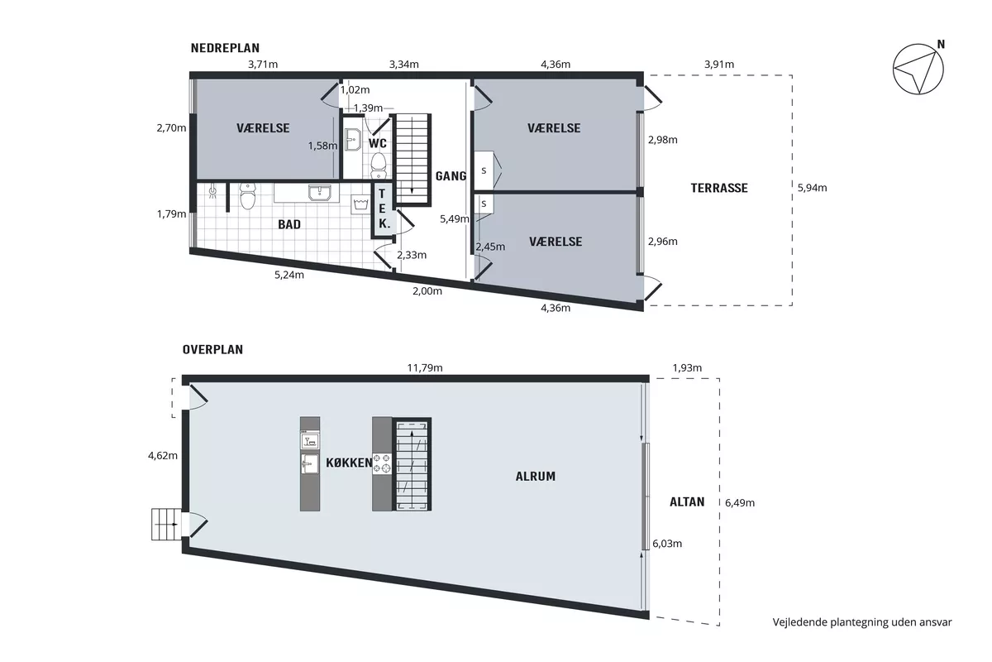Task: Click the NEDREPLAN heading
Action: [225, 48]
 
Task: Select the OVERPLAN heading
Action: [212, 349]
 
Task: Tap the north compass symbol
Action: [919, 69]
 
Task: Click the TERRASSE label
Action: [719, 188]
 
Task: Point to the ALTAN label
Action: [687, 502]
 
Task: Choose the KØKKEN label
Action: [349, 463]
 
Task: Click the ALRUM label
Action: [536, 476]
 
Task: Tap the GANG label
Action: [451, 176]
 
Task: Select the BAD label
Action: [289, 224]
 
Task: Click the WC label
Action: [377, 143]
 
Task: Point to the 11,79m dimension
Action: [425, 367]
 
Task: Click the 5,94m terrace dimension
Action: [812, 188]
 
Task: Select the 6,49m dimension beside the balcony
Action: [740, 502]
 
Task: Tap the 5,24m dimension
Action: [289, 275]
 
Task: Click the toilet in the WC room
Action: [379, 165]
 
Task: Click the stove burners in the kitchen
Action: [382, 463]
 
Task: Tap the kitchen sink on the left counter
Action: [310, 463]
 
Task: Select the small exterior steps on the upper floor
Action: [166, 524]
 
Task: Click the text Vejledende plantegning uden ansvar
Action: [861, 622]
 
